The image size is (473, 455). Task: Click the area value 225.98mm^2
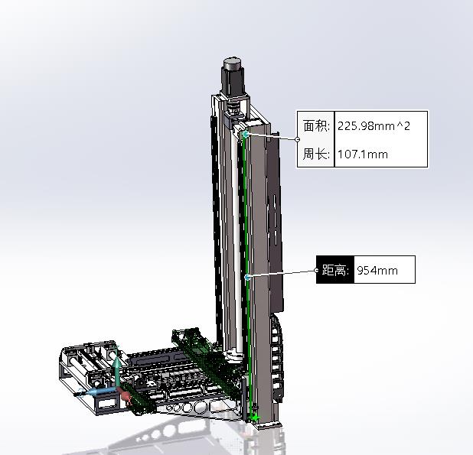[374, 126]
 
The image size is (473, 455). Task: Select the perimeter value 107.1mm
[363, 154]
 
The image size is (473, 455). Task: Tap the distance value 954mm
[377, 270]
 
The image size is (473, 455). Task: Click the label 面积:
[316, 126]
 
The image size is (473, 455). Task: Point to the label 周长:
[316, 154]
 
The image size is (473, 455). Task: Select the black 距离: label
[335, 270]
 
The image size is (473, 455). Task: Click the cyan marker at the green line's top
[246, 135]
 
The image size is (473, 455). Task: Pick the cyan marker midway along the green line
[248, 277]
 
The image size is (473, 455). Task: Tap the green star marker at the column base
[256, 418]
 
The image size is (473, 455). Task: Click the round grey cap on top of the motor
[233, 64]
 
